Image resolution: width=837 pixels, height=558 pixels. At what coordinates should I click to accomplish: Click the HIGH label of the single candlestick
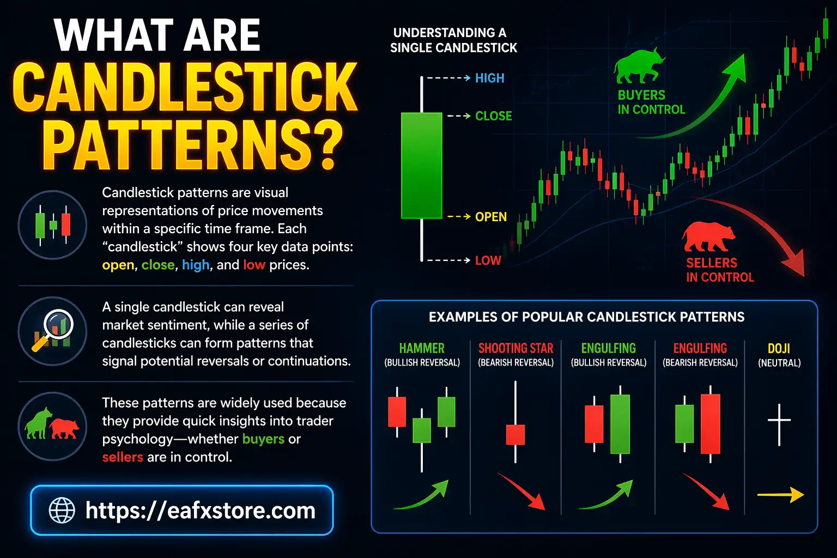pos(489,78)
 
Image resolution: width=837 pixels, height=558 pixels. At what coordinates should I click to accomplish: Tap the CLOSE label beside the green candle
pos(493,116)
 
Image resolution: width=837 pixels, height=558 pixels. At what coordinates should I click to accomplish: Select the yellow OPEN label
pos(490,217)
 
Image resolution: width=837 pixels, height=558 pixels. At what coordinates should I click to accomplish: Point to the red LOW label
pos(488,260)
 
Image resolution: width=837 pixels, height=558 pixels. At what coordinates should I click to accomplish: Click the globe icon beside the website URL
pos(62,511)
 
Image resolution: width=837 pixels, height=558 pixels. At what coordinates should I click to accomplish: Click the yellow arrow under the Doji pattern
pos(780,495)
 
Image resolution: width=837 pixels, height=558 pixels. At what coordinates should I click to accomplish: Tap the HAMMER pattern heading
pos(422,348)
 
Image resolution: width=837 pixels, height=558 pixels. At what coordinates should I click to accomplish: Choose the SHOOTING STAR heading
pos(515,348)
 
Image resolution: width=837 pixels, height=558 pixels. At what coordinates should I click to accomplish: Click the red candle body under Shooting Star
pos(515,434)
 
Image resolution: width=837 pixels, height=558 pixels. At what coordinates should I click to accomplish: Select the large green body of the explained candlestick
pos(421,165)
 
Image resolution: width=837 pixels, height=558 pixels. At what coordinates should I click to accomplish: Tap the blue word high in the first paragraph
pos(196,265)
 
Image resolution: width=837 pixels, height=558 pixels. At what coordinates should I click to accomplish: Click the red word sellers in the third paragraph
pos(123,457)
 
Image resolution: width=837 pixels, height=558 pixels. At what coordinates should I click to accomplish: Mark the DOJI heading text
pos(779,348)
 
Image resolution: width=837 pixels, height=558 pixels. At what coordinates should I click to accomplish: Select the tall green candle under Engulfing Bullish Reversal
pos(620,423)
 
